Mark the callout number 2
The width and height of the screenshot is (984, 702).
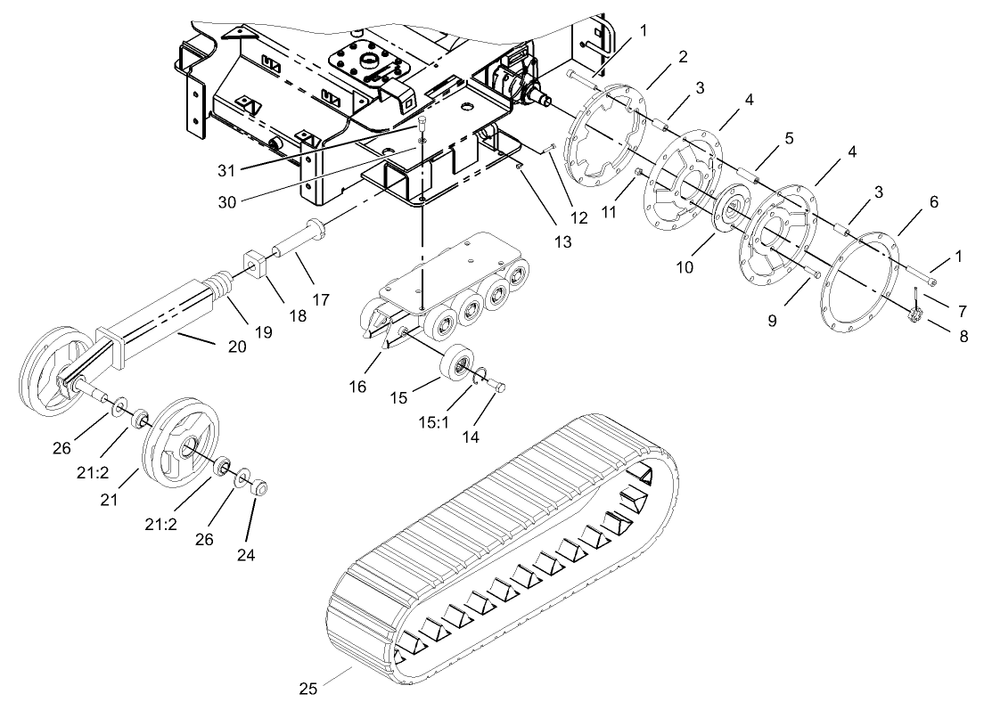(x=682, y=57)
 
